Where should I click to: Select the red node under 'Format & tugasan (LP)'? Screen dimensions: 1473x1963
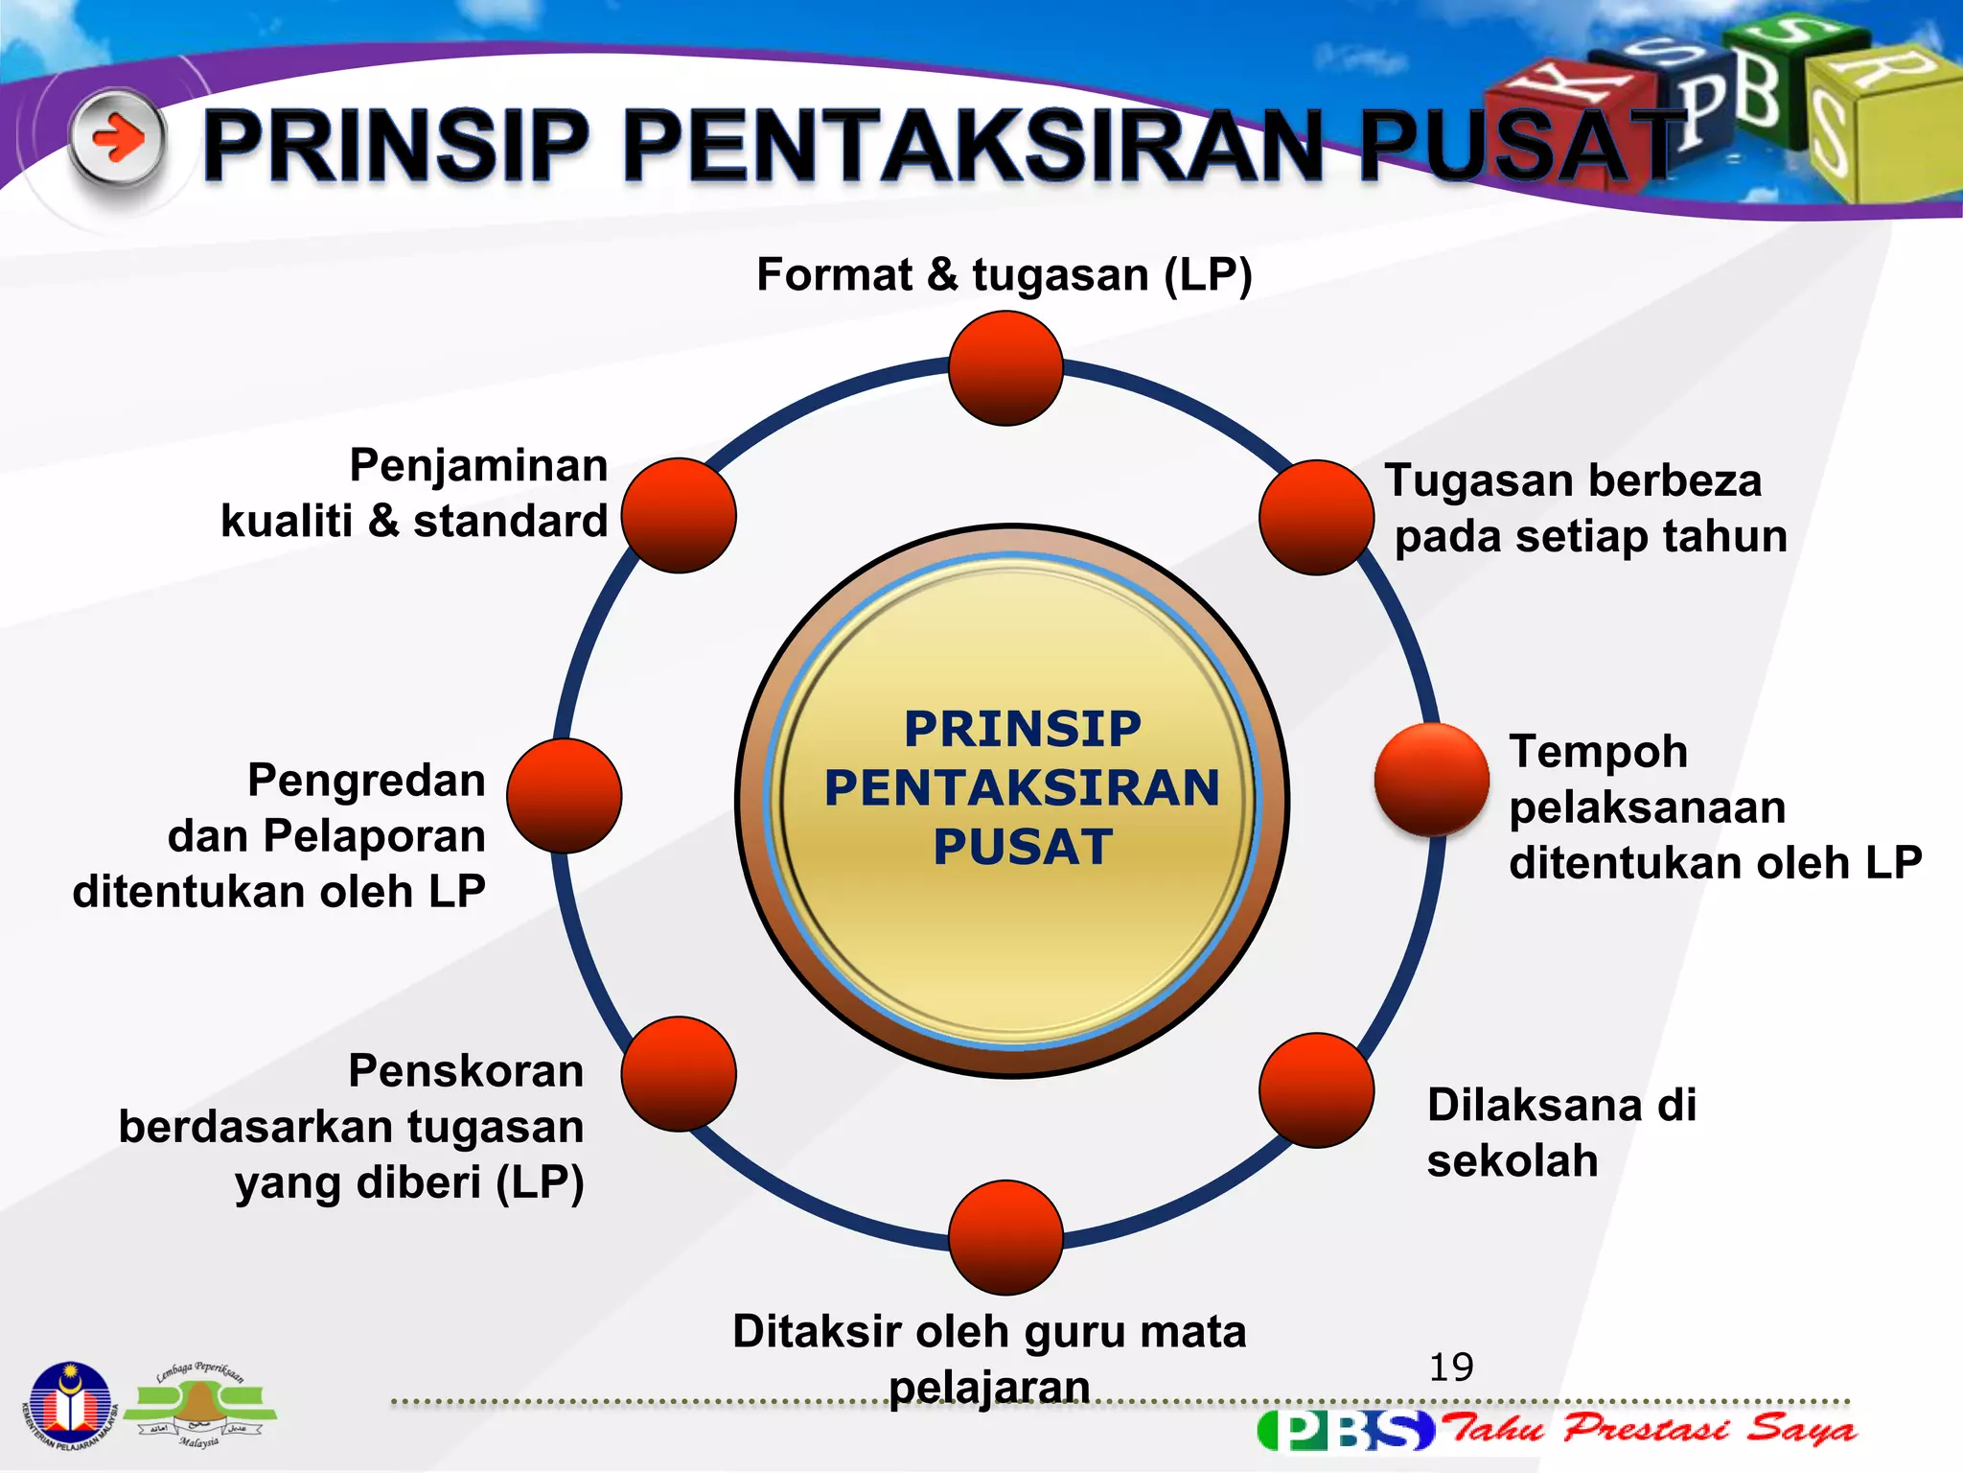[x=1005, y=368]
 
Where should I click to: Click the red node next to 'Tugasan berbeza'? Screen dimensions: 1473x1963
[x=1316, y=517]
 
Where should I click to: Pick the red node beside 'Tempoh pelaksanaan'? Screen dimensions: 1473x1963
[x=1431, y=779]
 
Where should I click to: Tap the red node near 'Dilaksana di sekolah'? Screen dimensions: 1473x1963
[x=1316, y=1089]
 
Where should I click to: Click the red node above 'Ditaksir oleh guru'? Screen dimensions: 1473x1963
[x=1005, y=1237]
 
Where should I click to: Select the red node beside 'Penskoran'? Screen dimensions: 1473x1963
[x=679, y=1074]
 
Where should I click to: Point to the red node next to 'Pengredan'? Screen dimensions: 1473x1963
[x=564, y=796]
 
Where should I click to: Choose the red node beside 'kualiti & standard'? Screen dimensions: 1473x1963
[x=679, y=515]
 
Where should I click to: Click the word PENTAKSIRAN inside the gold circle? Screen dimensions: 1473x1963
[x=1022, y=788]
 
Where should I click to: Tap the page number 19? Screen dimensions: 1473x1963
[x=1451, y=1367]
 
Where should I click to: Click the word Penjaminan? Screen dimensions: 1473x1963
[x=478, y=466]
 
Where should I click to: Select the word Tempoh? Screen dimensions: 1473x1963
[x=1598, y=752]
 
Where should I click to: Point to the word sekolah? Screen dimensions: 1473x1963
[x=1512, y=1161]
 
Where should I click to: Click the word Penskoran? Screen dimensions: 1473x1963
[x=466, y=1071]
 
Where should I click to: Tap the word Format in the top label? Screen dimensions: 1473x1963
[x=834, y=275]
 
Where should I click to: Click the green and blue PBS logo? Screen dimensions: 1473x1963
[x=1345, y=1430]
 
